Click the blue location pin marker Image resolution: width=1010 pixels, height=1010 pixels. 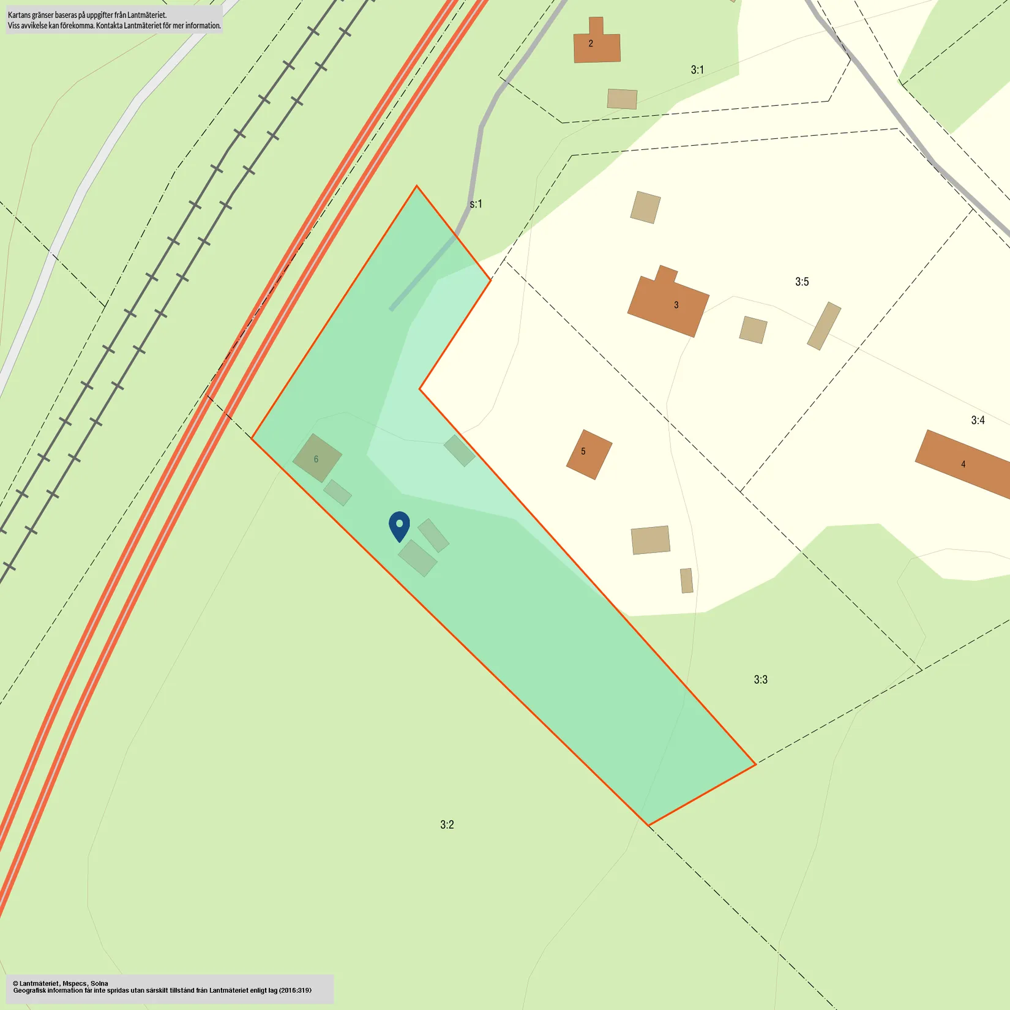[399, 526]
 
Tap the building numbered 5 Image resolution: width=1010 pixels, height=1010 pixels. [588, 454]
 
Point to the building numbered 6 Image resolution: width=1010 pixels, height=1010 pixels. [316, 458]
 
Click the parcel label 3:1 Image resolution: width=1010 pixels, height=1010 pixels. [697, 70]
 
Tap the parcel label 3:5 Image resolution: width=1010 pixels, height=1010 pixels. [802, 282]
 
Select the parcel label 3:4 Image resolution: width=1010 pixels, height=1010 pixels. [978, 420]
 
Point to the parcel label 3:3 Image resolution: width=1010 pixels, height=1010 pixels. [760, 679]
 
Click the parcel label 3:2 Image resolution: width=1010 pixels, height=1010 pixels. [447, 825]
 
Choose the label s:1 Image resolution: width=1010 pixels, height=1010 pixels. [476, 204]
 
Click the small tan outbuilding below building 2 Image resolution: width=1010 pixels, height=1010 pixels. [622, 99]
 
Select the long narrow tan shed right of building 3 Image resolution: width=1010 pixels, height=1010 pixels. [824, 326]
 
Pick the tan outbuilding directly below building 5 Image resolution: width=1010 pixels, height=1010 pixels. [650, 540]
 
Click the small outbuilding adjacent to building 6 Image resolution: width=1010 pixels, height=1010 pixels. [337, 493]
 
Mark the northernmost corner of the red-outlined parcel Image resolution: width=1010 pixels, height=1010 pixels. [416, 186]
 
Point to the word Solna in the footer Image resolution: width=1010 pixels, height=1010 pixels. [99, 983]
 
